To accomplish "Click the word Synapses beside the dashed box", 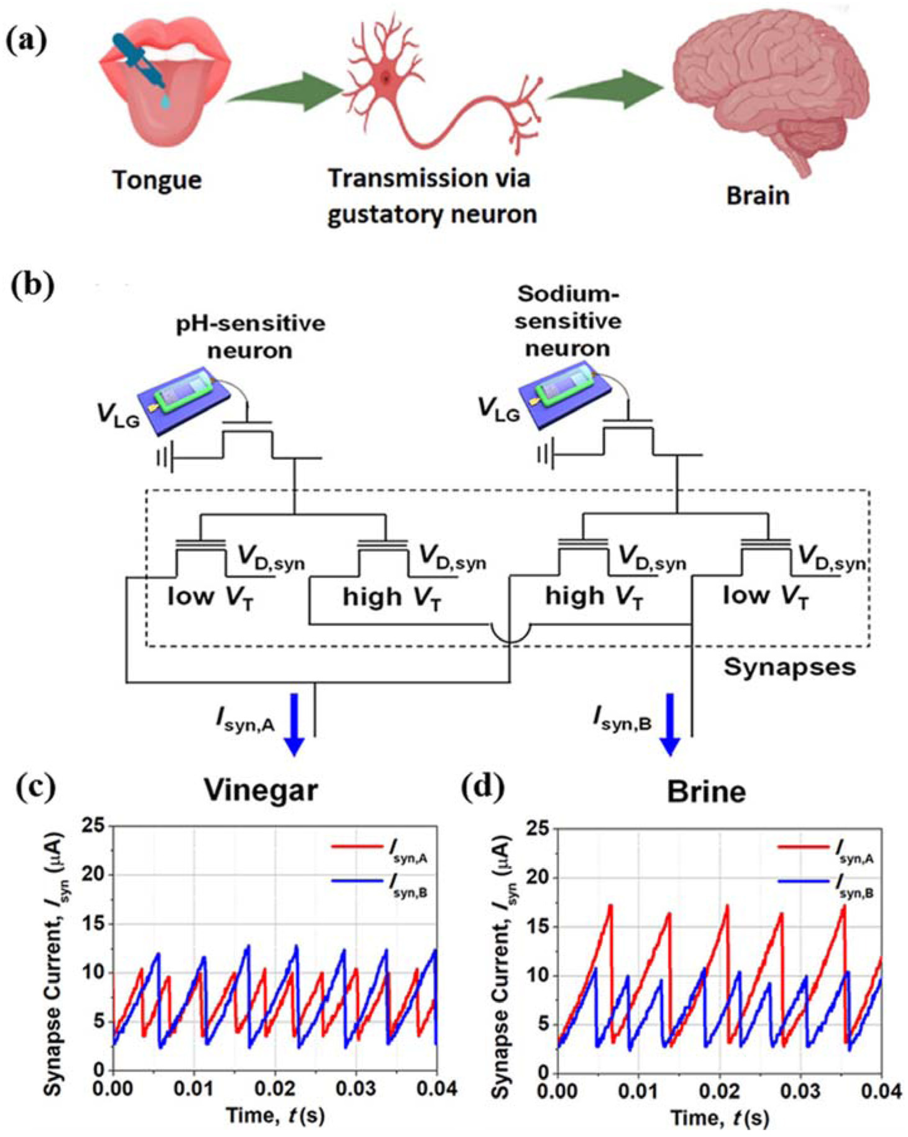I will pos(789,667).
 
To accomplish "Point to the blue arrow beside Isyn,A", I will pos(294,723).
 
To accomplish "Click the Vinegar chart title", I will pos(262,790).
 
